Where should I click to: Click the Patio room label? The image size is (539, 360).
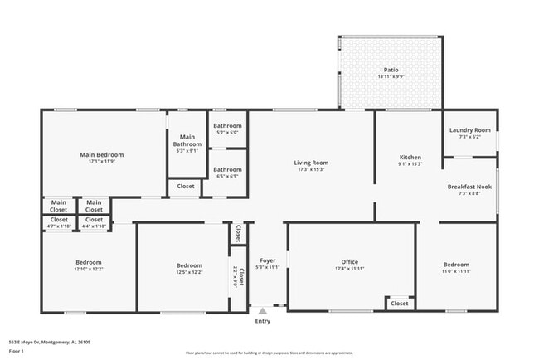tap(390, 70)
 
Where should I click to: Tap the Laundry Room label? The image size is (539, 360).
tap(470, 130)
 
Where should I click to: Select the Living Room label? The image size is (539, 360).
tap(312, 163)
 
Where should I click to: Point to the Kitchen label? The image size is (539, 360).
tap(410, 157)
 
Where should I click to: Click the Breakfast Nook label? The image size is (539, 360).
tap(469, 187)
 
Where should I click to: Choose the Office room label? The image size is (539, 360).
tap(350, 262)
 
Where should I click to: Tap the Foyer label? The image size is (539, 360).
tap(267, 260)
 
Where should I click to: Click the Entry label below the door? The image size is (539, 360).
tap(262, 321)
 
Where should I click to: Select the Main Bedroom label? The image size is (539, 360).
tap(101, 154)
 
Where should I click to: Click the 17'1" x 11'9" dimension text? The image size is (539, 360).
tap(101, 162)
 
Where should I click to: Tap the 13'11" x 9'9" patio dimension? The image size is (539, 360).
tap(390, 77)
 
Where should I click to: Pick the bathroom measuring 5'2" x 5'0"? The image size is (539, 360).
tap(227, 129)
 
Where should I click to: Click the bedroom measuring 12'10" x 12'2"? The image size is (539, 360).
tap(88, 266)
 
